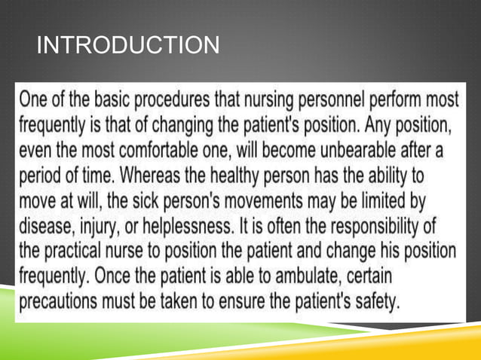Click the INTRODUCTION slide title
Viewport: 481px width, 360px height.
tap(128, 47)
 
